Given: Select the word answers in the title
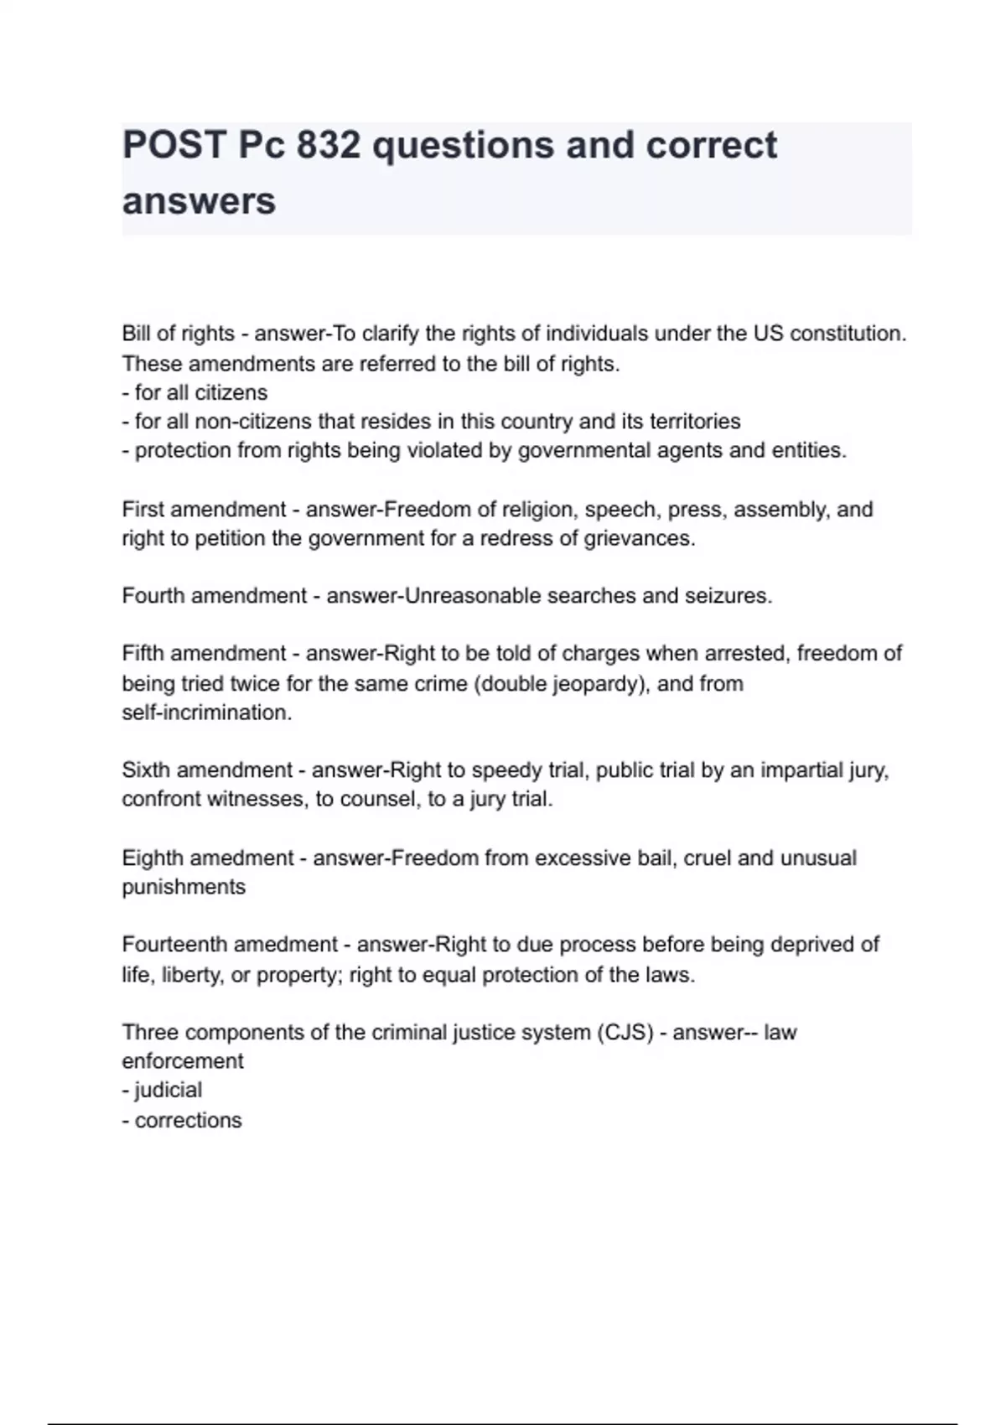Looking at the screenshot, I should (199, 201).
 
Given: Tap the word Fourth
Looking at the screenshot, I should (153, 596).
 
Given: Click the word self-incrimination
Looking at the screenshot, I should (206, 712).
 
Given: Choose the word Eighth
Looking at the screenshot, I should (152, 858).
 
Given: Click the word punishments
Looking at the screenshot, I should (184, 887).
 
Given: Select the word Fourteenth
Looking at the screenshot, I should (174, 945).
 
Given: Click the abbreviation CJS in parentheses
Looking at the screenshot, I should (625, 1032).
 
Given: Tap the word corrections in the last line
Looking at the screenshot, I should (188, 1120).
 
